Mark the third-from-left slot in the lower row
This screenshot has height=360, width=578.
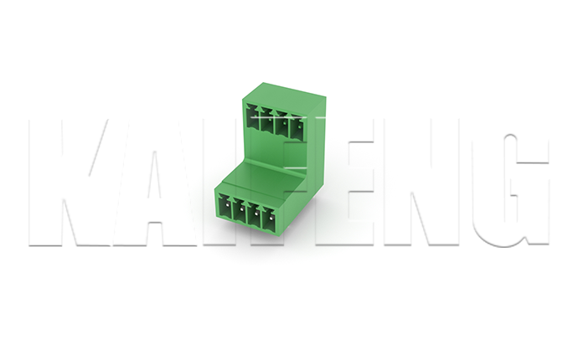pyautogui.click(x=255, y=216)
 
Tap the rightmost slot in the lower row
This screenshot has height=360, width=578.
pyautogui.click(x=270, y=220)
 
